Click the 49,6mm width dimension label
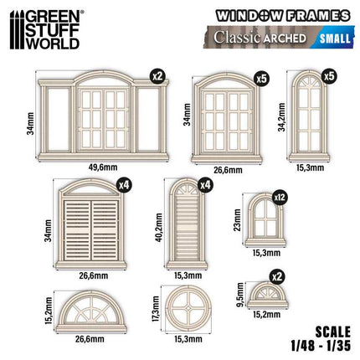103,167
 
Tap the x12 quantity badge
280,198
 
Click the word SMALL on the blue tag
335,39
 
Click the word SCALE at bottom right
332,332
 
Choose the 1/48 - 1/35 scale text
320,347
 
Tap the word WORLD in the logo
53,44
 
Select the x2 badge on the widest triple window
158,77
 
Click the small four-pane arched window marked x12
265,220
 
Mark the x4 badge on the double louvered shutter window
124,185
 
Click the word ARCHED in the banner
285,39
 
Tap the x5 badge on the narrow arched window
329,76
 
